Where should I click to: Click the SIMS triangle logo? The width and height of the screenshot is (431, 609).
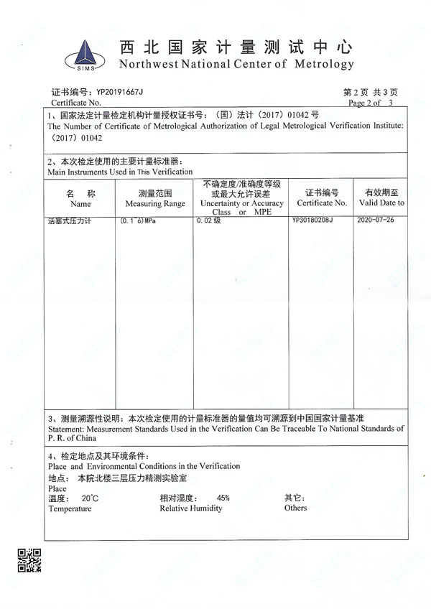click(85, 53)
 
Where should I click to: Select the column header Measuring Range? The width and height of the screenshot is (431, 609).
click(154, 204)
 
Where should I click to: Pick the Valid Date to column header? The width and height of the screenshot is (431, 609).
click(386, 203)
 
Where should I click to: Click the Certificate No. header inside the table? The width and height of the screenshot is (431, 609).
click(321, 203)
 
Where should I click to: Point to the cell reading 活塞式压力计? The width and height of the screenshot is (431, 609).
click(70, 220)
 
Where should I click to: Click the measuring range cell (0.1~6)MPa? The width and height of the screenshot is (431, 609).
click(138, 220)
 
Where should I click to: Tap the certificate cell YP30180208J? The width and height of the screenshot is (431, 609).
click(312, 220)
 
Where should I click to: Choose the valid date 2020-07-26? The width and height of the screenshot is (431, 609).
click(376, 220)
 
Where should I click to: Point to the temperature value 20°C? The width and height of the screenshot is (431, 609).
click(90, 498)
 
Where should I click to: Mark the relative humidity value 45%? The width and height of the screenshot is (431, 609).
click(223, 498)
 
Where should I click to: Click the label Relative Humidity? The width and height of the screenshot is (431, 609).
click(191, 508)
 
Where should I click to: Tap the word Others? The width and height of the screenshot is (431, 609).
click(295, 508)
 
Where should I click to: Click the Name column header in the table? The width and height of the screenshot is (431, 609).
click(80, 204)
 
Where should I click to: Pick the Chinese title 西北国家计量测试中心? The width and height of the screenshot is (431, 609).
click(236, 47)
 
